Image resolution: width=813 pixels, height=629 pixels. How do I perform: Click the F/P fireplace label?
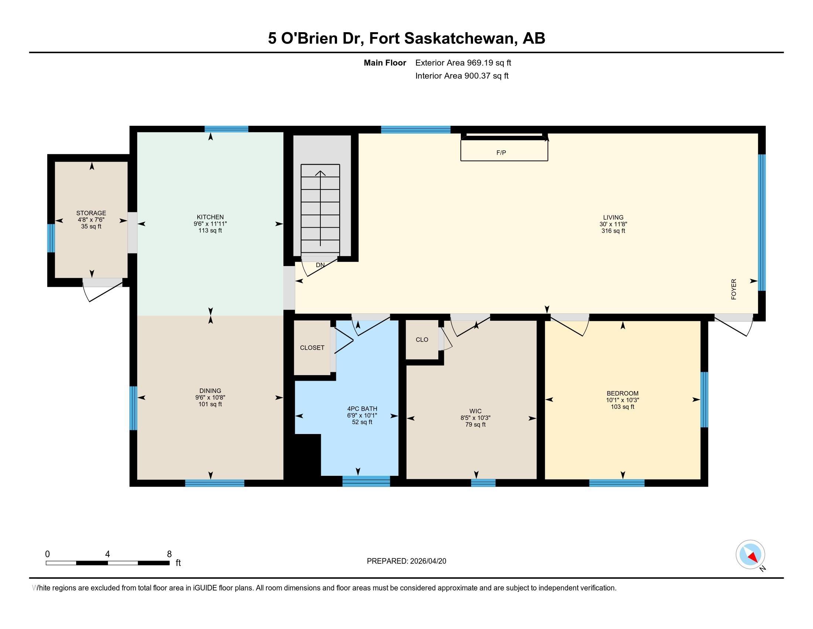coord(501,153)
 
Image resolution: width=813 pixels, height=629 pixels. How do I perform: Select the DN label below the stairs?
coord(320,265)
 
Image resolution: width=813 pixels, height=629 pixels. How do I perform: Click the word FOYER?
coord(734,289)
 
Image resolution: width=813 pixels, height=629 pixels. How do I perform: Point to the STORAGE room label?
coord(91,213)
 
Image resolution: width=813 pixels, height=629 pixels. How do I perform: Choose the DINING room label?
coord(210,391)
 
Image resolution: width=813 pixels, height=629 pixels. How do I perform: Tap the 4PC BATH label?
coord(362,409)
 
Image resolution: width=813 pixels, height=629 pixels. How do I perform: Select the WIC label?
coord(475,411)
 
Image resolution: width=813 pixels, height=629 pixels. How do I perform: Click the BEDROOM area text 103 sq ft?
coord(622,407)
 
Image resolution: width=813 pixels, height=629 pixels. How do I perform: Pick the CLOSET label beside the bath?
coord(312,348)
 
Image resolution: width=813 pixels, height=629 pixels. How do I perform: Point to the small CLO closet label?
coord(422,340)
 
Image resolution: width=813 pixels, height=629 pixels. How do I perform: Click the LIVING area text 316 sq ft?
coord(613,231)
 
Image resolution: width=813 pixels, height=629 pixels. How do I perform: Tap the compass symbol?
coord(751,554)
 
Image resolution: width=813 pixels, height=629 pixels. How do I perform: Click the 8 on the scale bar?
coord(169,554)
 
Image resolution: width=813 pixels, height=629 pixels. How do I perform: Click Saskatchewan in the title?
coord(460,38)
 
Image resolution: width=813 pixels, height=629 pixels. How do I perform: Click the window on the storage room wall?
coord(51,238)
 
